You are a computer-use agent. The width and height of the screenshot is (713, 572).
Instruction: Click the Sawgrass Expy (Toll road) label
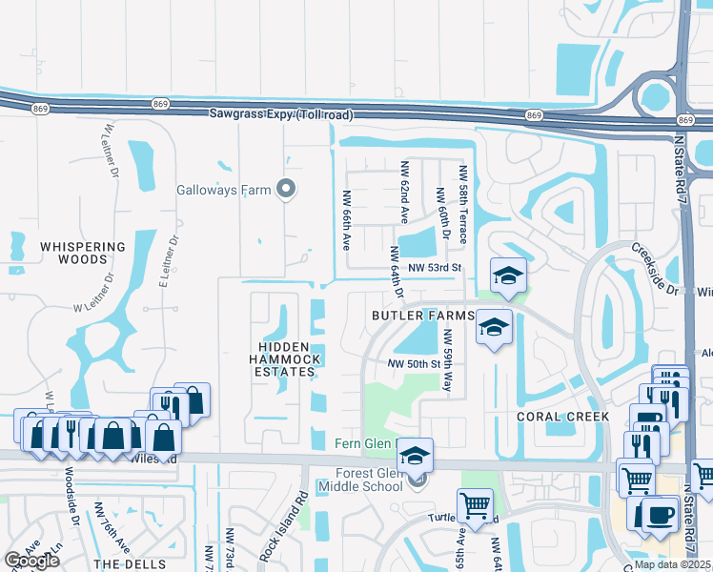281,115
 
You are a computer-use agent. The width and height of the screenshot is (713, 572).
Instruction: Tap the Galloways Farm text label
224,189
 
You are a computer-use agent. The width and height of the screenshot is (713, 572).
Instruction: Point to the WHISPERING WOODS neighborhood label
83,253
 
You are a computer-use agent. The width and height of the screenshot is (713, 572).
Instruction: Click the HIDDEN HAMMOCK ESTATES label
287,359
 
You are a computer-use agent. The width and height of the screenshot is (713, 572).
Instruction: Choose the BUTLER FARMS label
423,316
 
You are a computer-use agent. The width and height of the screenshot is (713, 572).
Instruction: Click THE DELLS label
132,564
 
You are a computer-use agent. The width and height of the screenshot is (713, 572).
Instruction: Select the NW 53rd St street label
434,269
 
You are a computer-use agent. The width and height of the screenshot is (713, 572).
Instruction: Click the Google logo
32,561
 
